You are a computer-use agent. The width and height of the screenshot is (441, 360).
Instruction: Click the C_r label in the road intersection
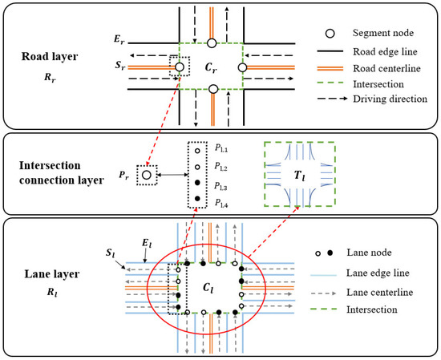pos(211,67)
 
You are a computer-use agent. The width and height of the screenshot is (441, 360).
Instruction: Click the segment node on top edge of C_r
pos(212,43)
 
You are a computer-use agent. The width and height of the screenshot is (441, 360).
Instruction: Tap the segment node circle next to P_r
pos(146,174)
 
